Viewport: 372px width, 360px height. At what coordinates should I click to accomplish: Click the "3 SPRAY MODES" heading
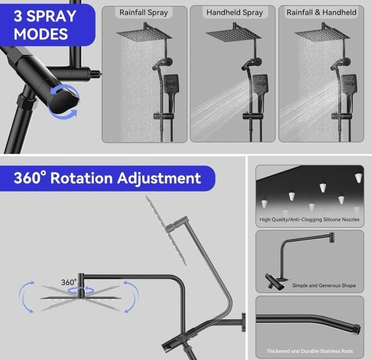click(45, 25)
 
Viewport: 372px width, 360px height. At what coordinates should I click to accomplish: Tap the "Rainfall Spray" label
click(144, 12)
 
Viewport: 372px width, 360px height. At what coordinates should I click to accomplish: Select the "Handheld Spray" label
click(235, 12)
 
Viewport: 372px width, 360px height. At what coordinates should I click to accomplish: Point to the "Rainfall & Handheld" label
click(321, 12)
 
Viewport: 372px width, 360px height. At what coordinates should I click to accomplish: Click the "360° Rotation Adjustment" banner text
click(107, 178)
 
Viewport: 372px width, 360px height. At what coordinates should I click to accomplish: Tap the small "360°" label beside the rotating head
click(69, 282)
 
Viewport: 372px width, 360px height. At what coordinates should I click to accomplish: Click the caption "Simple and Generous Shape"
click(324, 285)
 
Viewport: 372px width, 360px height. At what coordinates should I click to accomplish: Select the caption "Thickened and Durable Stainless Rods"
click(310, 351)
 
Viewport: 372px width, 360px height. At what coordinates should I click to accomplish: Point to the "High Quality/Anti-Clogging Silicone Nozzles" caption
click(309, 219)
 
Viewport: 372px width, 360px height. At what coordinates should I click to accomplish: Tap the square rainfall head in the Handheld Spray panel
click(233, 35)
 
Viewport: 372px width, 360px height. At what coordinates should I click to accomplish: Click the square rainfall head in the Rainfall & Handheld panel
click(322, 35)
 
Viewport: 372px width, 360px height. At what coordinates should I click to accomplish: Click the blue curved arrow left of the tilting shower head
click(23, 296)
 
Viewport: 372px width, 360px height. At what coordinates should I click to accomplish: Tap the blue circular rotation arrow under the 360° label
click(81, 290)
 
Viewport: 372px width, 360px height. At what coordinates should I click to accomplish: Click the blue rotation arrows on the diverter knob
click(64, 102)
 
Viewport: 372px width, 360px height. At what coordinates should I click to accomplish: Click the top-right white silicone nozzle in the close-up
click(359, 178)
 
